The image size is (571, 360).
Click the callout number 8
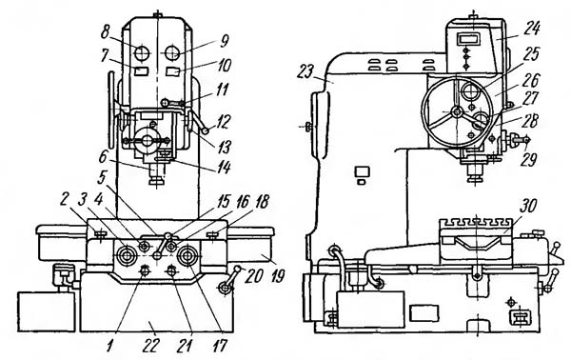click(x=106, y=33)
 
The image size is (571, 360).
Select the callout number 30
click(x=528, y=206)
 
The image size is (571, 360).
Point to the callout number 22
click(x=152, y=346)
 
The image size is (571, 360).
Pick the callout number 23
click(x=305, y=71)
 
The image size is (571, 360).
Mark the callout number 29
click(x=527, y=160)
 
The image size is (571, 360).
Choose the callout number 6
click(x=103, y=157)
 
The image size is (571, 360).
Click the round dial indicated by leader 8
click(x=141, y=53)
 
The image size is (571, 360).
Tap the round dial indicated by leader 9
click(x=172, y=53)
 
